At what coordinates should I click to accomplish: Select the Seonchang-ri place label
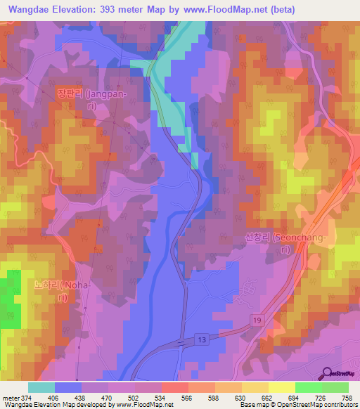point(285,244)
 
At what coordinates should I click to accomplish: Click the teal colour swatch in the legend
point(41,387)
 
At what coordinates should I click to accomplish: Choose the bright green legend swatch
point(308,387)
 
